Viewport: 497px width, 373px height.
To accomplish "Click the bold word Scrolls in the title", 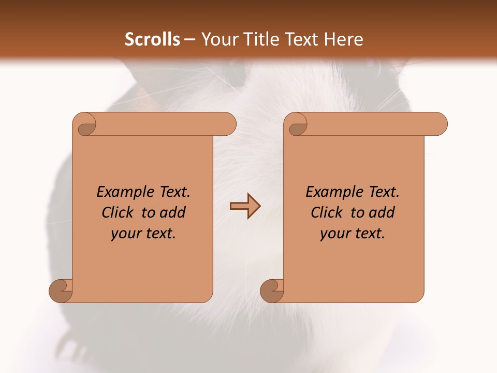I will point(152,39).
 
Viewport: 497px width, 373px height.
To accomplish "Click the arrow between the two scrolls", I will point(245,206).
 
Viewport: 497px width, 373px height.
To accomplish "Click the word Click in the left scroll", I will point(118,212).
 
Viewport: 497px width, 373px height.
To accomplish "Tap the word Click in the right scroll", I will point(327,212).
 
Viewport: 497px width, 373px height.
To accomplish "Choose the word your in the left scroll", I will point(125,234).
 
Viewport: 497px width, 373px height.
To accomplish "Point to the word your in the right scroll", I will point(334,234).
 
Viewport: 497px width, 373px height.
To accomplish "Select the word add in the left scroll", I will point(172,212).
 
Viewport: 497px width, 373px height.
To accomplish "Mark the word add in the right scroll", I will point(381,212).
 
